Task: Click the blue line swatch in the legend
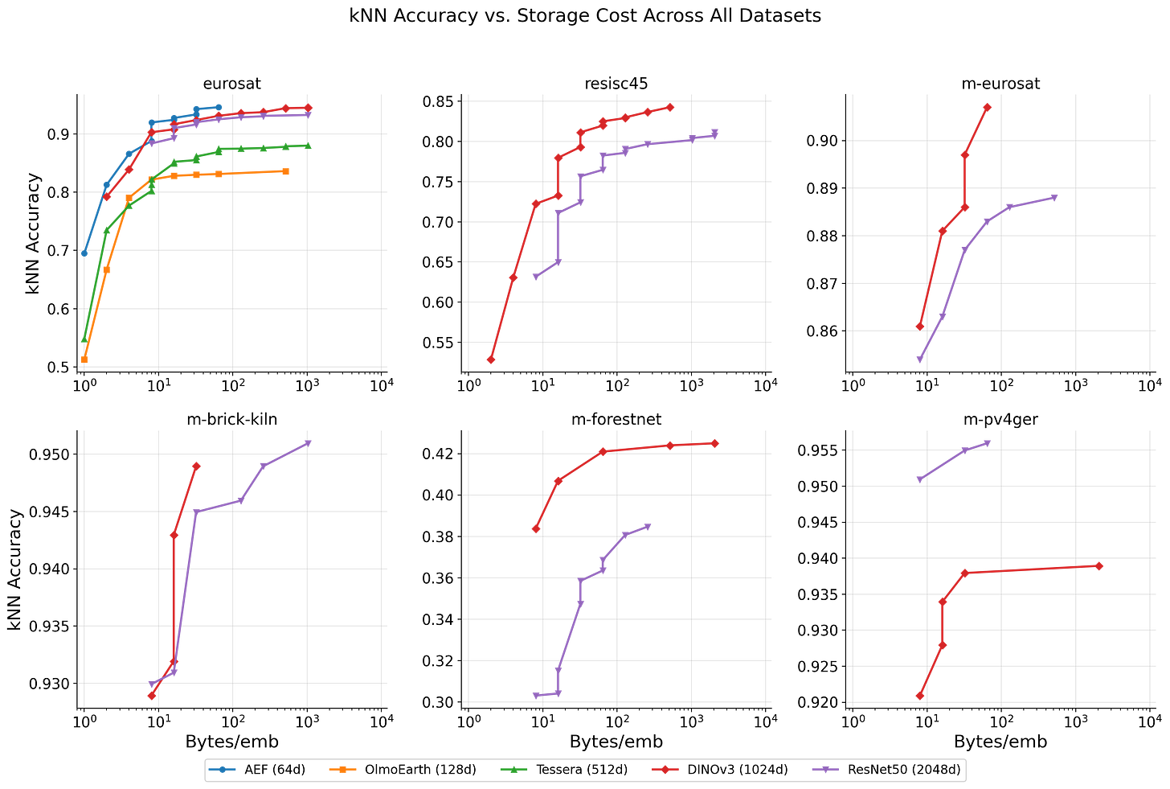(223, 770)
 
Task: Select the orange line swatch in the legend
(342, 770)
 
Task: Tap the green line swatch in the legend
(513, 770)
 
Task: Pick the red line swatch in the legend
(665, 770)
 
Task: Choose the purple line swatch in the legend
(825, 770)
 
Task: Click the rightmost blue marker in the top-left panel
(219, 106)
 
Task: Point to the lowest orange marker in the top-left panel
(84, 362)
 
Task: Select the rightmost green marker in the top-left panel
(309, 146)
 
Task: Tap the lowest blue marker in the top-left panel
(84, 253)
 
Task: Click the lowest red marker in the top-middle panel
(491, 360)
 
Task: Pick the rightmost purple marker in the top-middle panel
(714, 133)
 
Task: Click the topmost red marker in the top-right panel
(988, 106)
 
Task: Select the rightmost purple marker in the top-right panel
(1054, 197)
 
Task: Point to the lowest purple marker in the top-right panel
(920, 359)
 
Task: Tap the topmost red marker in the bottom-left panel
(196, 465)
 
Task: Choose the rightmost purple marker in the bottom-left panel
(307, 442)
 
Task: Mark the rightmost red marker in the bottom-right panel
(1100, 566)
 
